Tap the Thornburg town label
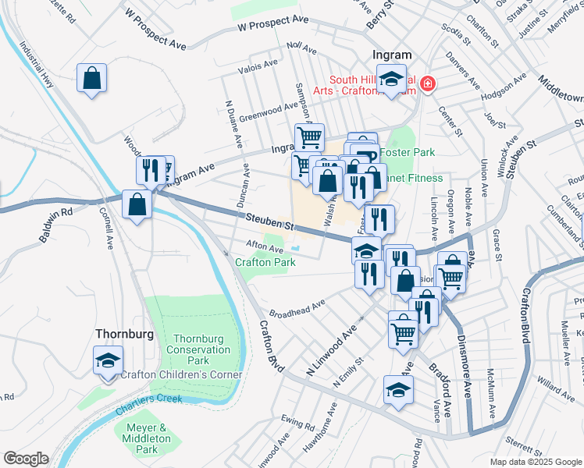(x=123, y=333)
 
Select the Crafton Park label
(x=265, y=263)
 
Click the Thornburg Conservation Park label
(x=199, y=349)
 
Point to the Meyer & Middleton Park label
(x=142, y=438)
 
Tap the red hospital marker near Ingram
(x=427, y=83)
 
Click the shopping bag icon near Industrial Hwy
(x=92, y=78)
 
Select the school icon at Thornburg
(x=108, y=361)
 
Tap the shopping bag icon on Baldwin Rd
(x=137, y=205)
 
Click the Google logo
(x=26, y=459)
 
